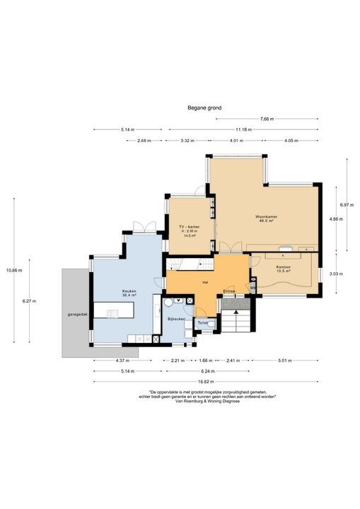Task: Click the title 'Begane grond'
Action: (204, 108)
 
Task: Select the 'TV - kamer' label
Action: (189, 227)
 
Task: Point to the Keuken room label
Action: (129, 293)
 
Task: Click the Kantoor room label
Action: (284, 268)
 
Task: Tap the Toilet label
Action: (202, 322)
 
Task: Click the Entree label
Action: (228, 291)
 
